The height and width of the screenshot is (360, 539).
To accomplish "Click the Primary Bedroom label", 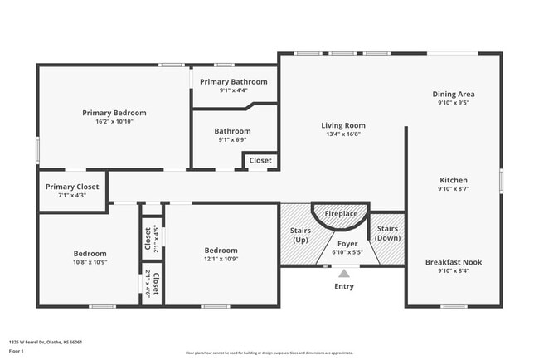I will pyautogui.click(x=114, y=113).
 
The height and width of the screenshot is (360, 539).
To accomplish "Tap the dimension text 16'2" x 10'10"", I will pyautogui.click(x=114, y=121).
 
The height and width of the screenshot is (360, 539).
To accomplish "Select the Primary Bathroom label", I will pyautogui.click(x=233, y=82).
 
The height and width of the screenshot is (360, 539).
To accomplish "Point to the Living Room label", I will pyautogui.click(x=343, y=125).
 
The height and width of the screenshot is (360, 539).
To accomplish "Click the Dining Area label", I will pyautogui.click(x=454, y=94).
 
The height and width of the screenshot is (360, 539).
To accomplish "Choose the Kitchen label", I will pyautogui.click(x=454, y=180).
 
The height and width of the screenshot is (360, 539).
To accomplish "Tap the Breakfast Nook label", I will pyautogui.click(x=454, y=262).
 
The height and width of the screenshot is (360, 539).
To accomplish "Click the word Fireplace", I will pyautogui.click(x=341, y=214).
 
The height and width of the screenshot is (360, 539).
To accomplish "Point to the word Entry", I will pyautogui.click(x=343, y=286).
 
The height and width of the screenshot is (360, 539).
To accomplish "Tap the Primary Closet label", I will pyautogui.click(x=72, y=187).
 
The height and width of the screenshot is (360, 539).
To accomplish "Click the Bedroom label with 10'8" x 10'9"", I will pyautogui.click(x=90, y=254).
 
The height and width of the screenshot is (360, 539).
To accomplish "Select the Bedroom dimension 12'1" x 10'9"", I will pyautogui.click(x=221, y=259).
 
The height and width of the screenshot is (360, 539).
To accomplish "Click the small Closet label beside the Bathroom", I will pyautogui.click(x=260, y=161).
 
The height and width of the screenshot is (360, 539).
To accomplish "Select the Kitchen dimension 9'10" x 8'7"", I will pyautogui.click(x=454, y=189).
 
